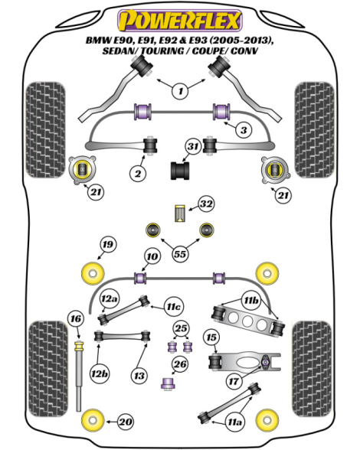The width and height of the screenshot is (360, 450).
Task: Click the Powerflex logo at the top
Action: [180, 21]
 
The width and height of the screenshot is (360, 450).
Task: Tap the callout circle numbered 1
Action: [181, 91]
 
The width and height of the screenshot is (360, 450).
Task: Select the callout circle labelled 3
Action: [244, 130]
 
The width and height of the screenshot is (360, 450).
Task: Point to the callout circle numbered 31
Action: [193, 147]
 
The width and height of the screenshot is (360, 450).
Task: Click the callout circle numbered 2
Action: [138, 173]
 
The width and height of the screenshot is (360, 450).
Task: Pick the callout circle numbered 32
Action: [206, 204]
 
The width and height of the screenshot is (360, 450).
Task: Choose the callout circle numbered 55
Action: [180, 254]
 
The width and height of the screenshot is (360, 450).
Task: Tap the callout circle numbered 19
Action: [108, 245]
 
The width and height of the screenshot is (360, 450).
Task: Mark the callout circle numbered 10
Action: [152, 256]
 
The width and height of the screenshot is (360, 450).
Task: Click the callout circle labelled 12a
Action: [109, 298]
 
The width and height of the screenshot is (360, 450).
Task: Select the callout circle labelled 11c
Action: [174, 307]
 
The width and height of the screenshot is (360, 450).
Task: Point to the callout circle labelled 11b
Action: [250, 301]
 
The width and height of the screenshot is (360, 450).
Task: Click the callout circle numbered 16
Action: [76, 319]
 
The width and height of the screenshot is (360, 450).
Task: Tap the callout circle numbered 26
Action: [180, 364]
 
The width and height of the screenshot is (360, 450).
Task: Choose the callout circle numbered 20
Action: [126, 422]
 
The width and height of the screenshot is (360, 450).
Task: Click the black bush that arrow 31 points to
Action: [180, 171]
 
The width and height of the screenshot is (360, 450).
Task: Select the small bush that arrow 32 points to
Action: [180, 213]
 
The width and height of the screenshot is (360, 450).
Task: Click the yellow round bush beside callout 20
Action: [93, 421]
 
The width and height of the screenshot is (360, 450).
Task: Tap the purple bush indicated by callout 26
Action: [168, 383]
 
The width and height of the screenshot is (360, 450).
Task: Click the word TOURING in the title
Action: [162, 51]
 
